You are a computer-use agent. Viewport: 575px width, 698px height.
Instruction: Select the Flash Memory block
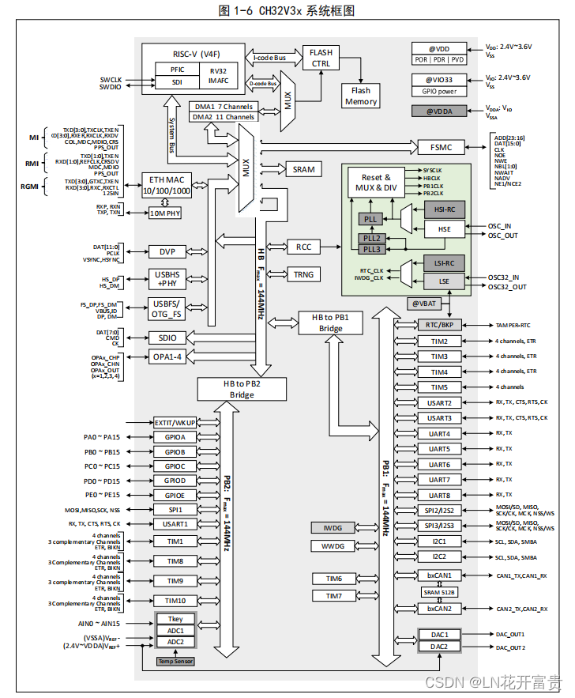tap(361, 96)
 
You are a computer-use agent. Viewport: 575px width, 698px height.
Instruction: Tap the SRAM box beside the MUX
tap(303, 169)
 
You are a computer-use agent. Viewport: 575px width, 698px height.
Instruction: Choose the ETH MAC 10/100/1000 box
tap(166, 186)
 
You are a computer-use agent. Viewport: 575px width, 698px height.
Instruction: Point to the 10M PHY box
tap(165, 213)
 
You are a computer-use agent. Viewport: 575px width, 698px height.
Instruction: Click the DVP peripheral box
tap(167, 251)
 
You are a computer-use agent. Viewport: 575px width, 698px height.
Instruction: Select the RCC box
tap(303, 247)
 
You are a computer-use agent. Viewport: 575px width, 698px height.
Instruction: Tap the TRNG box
tap(303, 274)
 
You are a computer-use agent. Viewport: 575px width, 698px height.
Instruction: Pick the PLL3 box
tap(370, 249)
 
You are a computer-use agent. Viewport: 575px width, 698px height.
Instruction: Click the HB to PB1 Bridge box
tap(329, 322)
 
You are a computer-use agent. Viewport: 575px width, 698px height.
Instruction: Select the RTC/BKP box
tap(439, 325)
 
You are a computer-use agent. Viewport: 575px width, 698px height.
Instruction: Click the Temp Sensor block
tap(175, 662)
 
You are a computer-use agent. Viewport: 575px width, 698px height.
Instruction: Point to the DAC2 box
tap(439, 647)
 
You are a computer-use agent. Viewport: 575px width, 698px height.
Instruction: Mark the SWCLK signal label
tap(111, 79)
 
